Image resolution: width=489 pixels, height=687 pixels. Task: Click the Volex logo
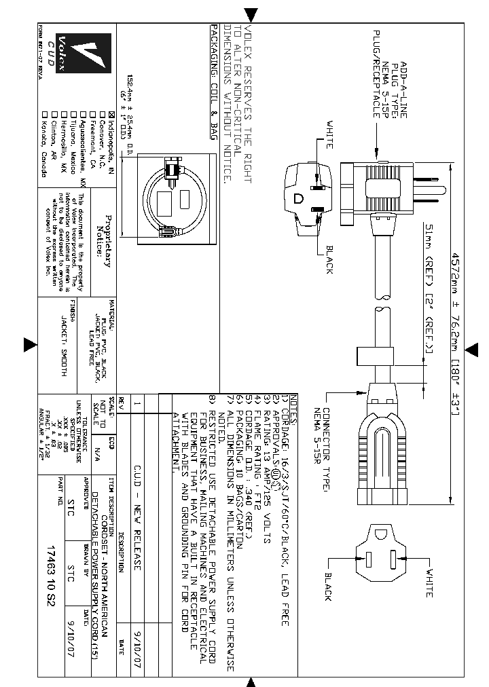click(x=90, y=55)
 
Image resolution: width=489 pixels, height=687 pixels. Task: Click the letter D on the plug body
click(x=298, y=198)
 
